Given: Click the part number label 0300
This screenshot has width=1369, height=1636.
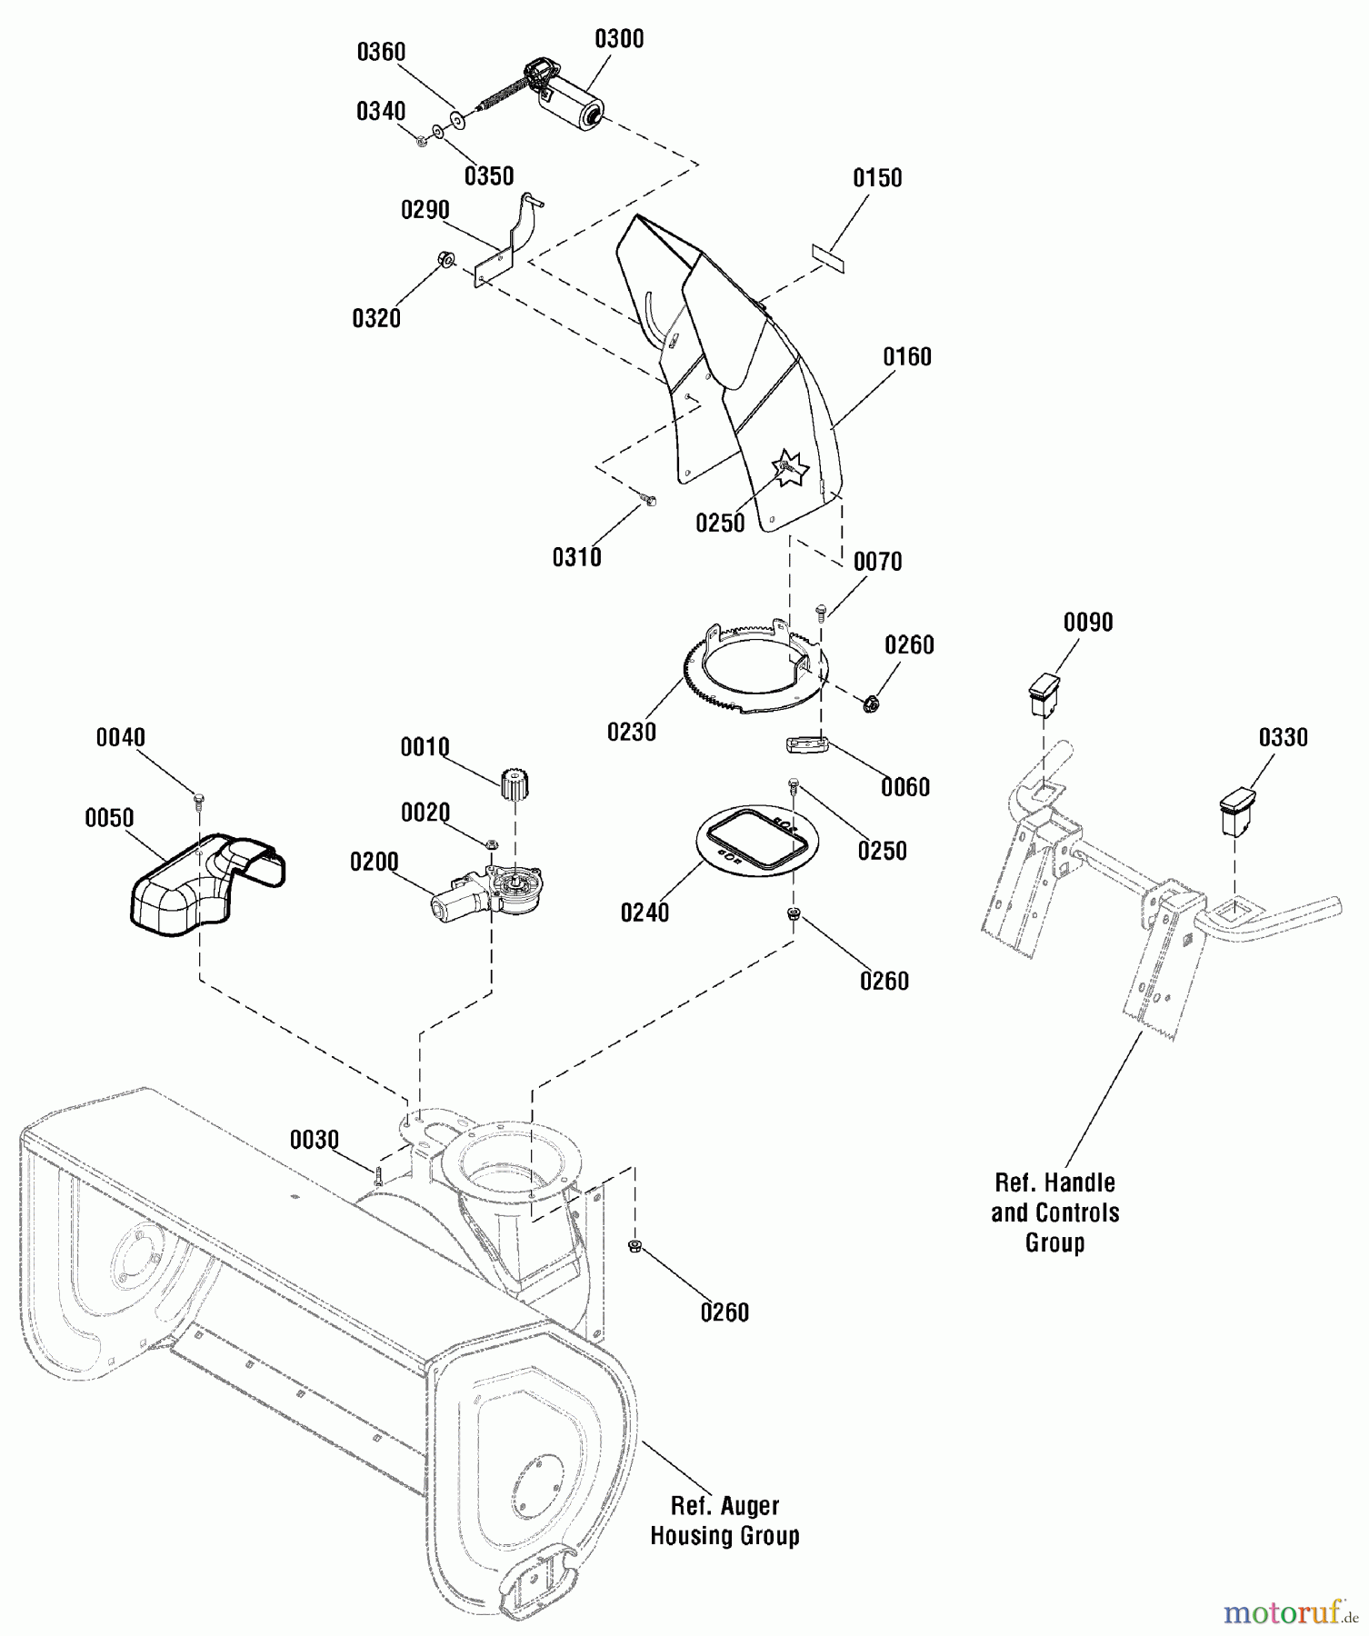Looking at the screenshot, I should pos(619,39).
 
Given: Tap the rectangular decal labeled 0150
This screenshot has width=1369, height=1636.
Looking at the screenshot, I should pos(827,254).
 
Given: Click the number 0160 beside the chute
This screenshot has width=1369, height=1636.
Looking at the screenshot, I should pos(907,357).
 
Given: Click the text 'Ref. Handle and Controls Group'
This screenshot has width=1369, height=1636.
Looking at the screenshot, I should pos(1054,1212).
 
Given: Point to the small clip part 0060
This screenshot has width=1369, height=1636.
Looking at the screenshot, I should pos(807,745).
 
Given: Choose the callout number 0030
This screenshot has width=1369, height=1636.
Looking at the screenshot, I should pos(315,1140).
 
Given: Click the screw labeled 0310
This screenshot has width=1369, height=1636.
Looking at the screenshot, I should pos(648,499).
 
